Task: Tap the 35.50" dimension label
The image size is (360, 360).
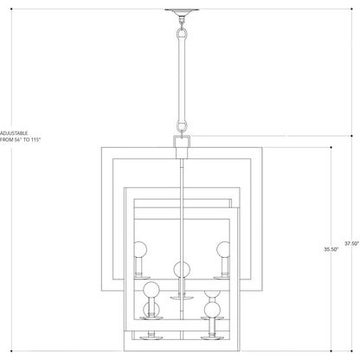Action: [x=331, y=249]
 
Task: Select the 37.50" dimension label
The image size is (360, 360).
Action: [x=351, y=243]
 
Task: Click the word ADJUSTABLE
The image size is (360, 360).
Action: [x=14, y=133]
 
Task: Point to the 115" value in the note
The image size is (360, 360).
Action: [x=36, y=139]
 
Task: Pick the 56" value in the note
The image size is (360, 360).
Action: [x=19, y=139]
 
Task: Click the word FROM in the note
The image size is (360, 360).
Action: [x=7, y=139]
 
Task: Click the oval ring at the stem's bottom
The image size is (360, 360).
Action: [x=182, y=126]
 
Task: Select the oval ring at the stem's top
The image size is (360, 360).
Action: [x=182, y=35]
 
